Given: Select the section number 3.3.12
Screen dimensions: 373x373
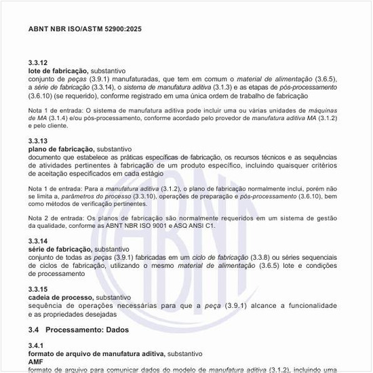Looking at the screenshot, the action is (x=38, y=63).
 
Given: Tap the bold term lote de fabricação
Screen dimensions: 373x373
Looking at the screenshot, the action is (x=58, y=71).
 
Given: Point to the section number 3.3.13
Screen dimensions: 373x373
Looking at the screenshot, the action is (x=38, y=140).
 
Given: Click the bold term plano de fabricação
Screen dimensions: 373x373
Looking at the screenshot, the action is (x=60, y=149).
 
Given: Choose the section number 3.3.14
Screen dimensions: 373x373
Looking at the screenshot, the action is (x=38, y=241).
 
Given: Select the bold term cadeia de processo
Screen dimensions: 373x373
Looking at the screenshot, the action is (x=60, y=298).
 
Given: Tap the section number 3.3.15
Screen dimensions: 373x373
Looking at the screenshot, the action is (x=38, y=290).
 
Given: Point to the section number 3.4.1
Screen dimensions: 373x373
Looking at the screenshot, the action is (x=36, y=346).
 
